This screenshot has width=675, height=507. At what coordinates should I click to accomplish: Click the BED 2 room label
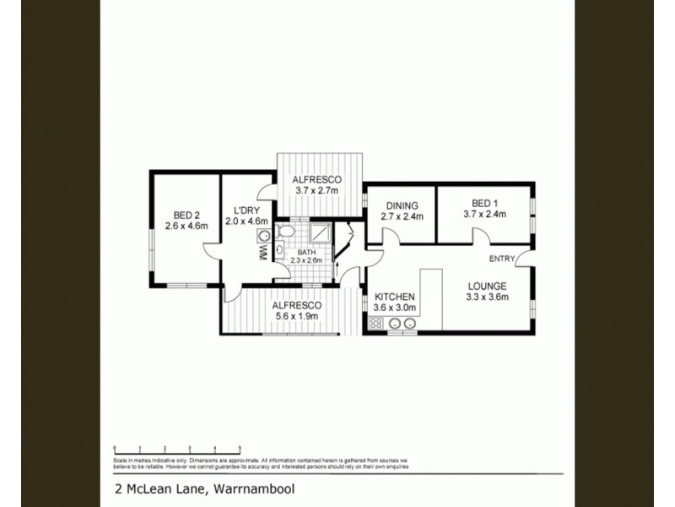(x=185, y=215)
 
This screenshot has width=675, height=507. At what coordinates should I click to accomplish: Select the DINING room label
(x=402, y=205)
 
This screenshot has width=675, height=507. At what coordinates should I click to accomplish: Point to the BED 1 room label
(x=483, y=203)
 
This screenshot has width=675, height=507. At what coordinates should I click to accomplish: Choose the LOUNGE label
(x=487, y=286)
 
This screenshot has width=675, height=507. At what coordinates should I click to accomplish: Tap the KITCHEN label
(x=394, y=297)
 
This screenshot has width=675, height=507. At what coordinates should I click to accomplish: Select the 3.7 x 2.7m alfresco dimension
(x=316, y=191)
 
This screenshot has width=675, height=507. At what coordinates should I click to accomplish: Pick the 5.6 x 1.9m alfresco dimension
(x=294, y=316)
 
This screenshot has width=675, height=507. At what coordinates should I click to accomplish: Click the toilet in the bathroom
(x=284, y=231)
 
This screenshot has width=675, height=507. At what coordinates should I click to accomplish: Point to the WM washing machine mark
(x=262, y=252)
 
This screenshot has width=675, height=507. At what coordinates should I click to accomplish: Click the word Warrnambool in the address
(x=253, y=488)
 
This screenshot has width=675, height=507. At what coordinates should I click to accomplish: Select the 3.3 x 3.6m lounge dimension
(x=487, y=297)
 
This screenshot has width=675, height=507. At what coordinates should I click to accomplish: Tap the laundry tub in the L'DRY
(x=264, y=236)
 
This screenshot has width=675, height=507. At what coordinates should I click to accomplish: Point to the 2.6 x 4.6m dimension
(x=185, y=225)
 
